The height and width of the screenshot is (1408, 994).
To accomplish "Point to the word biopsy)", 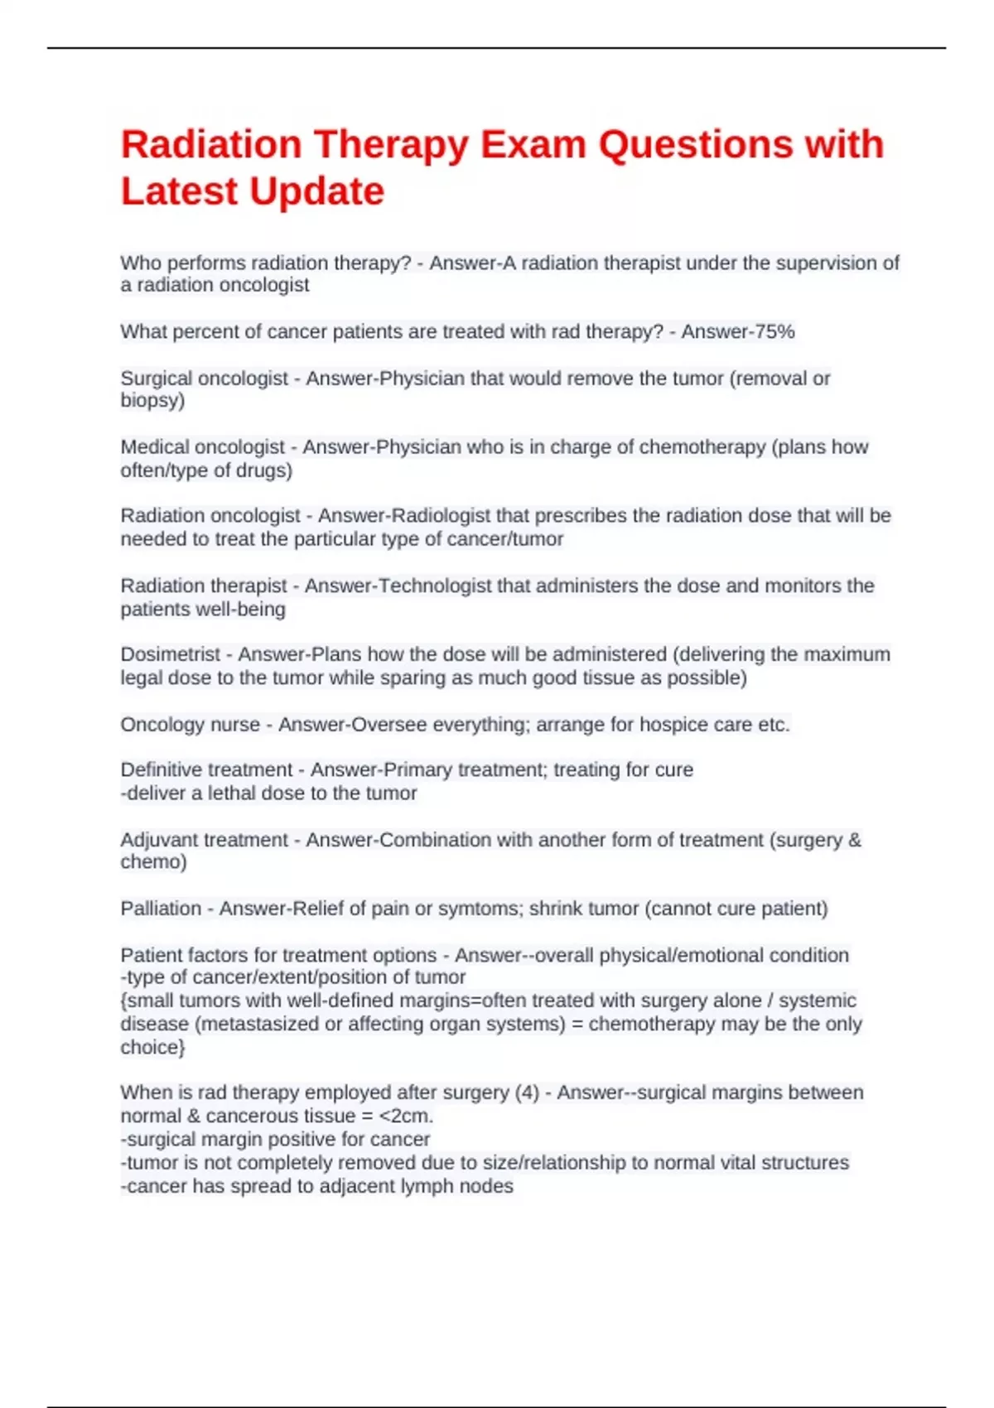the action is (x=152, y=401).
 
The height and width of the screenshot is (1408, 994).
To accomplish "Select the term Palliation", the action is (x=161, y=909).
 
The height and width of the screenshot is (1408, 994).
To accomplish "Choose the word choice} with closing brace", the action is (x=152, y=1048).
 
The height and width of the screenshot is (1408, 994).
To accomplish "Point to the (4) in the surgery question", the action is (x=527, y=1093).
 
